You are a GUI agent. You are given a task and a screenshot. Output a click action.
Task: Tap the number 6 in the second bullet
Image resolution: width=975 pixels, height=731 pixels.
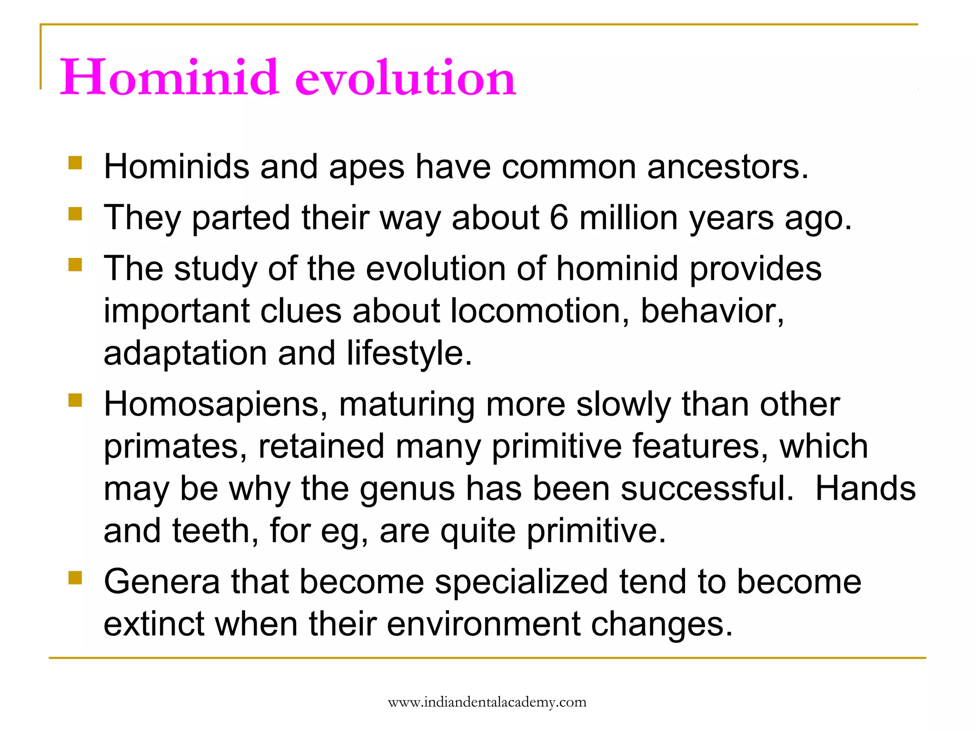click(x=559, y=217)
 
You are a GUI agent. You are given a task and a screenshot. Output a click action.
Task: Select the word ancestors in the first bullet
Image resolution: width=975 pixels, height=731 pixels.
click(x=727, y=167)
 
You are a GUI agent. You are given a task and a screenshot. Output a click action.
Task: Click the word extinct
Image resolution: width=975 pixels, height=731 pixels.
click(x=154, y=624)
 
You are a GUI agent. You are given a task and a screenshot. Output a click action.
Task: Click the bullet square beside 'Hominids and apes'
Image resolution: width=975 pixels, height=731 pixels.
click(x=75, y=163)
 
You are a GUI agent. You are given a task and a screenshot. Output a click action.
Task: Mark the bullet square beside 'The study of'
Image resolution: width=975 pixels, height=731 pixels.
click(x=75, y=264)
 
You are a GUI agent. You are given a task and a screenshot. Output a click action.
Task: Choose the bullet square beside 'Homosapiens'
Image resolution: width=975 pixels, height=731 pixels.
click(x=75, y=400)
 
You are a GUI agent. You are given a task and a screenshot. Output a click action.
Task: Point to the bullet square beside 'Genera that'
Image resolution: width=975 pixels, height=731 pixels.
click(x=75, y=578)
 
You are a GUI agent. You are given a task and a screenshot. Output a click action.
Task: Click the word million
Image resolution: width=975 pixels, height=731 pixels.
click(x=628, y=217)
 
